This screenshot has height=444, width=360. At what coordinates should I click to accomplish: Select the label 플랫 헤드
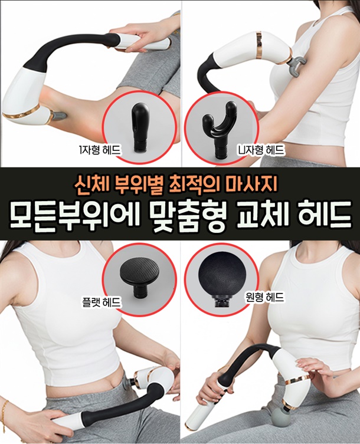(x=101, y=302)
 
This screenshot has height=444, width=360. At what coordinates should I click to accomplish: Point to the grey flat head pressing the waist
(x=129, y=382)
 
